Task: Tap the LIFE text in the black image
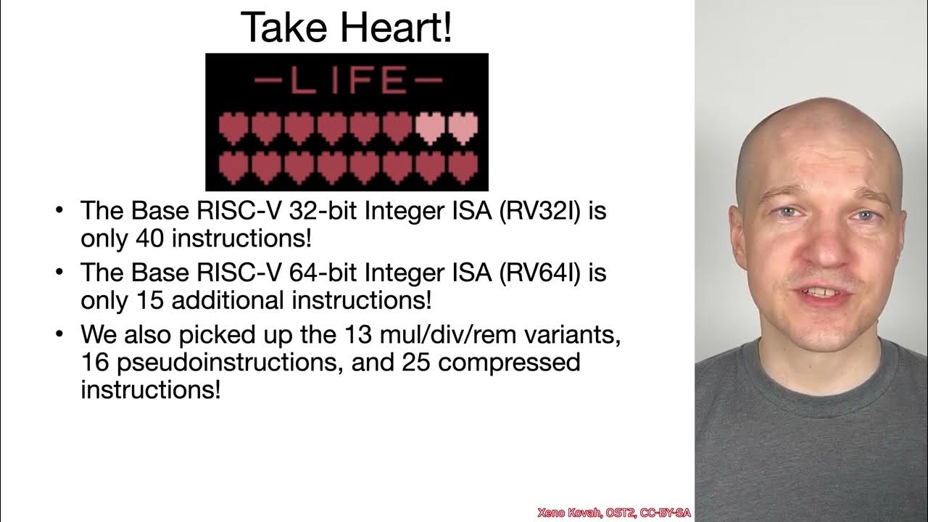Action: point(347,81)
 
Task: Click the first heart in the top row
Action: point(233,127)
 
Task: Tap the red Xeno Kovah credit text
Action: point(613,513)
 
